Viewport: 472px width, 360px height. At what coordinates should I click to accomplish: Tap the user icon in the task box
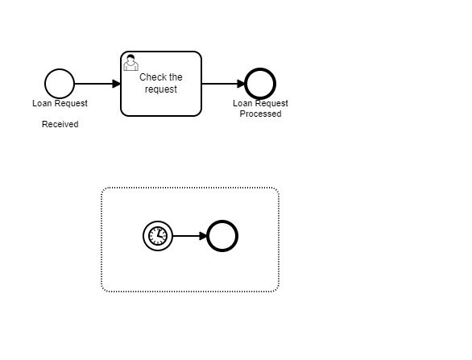point(130,62)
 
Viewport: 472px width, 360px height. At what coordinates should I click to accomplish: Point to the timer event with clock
point(158,236)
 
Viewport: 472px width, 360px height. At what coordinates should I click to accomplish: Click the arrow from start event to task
point(97,84)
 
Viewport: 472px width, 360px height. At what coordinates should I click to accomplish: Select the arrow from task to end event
point(224,84)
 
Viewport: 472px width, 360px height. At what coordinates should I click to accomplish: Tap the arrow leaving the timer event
point(190,236)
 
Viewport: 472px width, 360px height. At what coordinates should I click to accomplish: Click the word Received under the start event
point(60,124)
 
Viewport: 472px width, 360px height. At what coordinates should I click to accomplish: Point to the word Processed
point(261,114)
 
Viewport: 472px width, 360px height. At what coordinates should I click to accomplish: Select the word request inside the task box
point(161,89)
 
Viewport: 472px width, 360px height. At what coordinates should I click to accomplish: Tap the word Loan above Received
point(42,103)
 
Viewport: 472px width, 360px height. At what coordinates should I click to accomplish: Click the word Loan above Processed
point(242,103)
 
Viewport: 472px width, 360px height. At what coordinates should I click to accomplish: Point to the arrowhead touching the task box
point(117,84)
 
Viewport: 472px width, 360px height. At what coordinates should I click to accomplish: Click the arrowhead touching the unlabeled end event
point(204,236)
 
